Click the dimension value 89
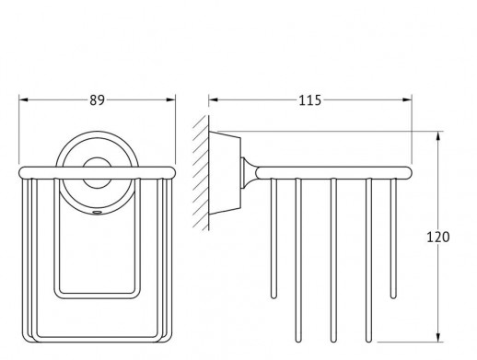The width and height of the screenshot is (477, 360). pos(97,100)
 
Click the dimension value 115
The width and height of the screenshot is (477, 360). pos(309,100)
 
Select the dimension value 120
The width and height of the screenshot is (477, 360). pos(438,237)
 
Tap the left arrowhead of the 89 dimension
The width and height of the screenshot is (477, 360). pos(24,99)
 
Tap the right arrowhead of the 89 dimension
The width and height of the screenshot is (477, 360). pos(170,99)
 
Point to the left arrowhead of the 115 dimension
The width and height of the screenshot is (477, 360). pos(214,99)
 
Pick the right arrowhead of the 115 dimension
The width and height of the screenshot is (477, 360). pos(407,99)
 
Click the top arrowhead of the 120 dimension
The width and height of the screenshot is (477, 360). pos(438,136)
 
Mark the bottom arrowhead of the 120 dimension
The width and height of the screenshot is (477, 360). pos(438,337)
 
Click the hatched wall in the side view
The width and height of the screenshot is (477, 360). pos(201,173)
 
